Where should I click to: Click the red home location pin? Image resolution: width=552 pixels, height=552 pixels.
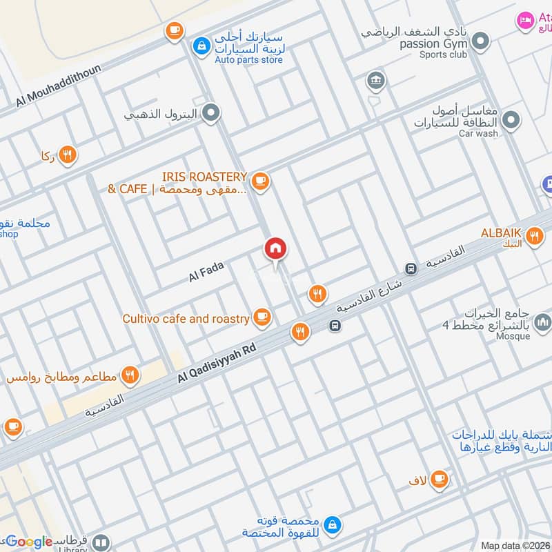pyautogui.click(x=275, y=249)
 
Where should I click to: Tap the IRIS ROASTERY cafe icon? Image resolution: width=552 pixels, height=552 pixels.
pyautogui.click(x=260, y=181)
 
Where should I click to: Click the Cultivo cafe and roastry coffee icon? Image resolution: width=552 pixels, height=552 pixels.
pyautogui.click(x=261, y=317)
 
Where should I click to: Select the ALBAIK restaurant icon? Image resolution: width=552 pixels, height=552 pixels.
pyautogui.click(x=533, y=237)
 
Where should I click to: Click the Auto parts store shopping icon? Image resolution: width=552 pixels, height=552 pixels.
pyautogui.click(x=200, y=46)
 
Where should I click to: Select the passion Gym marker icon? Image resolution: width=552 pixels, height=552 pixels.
pyautogui.click(x=480, y=39)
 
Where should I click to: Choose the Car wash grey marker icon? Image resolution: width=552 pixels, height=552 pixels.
pyautogui.click(x=511, y=121)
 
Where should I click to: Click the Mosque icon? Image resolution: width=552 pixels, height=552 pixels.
pyautogui.click(x=543, y=322)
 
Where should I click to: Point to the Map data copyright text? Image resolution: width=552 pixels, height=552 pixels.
pyautogui.click(x=515, y=546)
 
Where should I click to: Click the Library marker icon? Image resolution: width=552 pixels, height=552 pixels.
pyautogui.click(x=101, y=543)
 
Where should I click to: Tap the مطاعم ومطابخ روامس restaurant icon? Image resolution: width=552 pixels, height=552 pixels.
pyautogui.click(x=130, y=375)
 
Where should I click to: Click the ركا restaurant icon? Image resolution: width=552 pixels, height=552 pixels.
pyautogui.click(x=67, y=155)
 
